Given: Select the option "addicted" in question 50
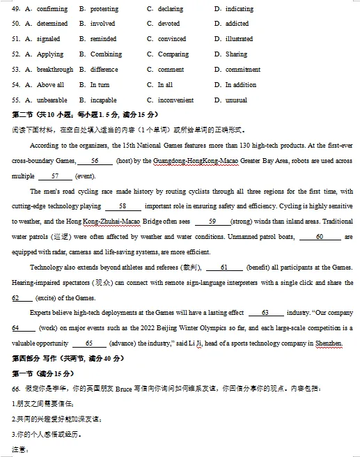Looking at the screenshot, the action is click(237, 24).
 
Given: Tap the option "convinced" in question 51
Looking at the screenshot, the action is click(172, 39).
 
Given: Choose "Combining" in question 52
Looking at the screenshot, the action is click(106, 54).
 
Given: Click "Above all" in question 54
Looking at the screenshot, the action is click(50, 85).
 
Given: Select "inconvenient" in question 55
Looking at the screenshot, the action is click(175, 100).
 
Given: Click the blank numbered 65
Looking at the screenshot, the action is click(88, 343).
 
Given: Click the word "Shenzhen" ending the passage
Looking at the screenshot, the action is click(328, 343).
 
